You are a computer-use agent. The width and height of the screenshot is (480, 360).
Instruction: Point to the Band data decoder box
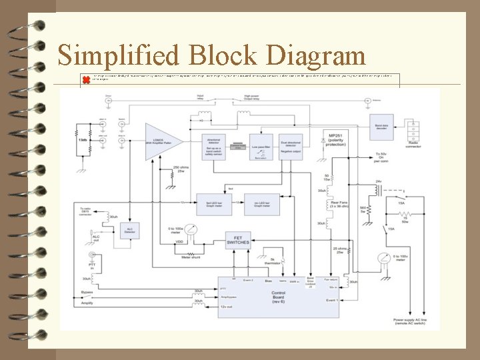coord(382,125)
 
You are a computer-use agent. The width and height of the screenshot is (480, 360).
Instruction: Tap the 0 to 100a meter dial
coord(193,231)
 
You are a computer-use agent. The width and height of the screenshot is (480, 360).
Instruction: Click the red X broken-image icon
coord(85,80)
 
